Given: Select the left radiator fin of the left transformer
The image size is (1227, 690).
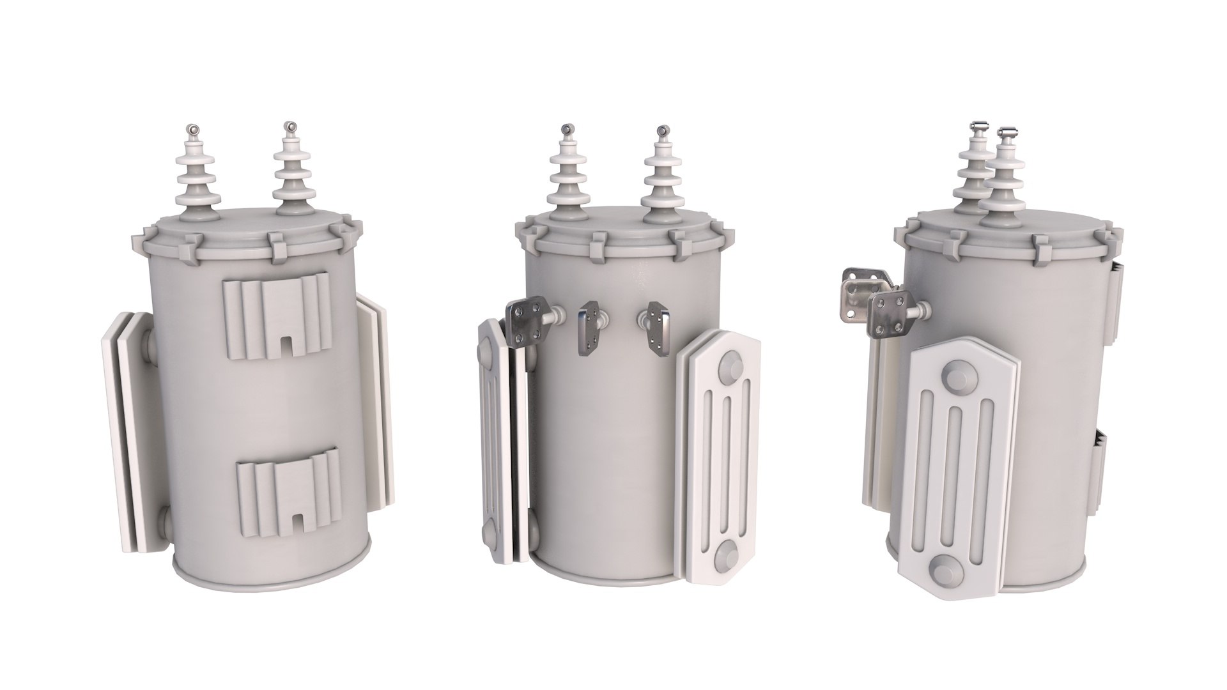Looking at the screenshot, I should pos(128,422).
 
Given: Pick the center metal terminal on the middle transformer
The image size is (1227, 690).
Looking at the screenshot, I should pos(590,330).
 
